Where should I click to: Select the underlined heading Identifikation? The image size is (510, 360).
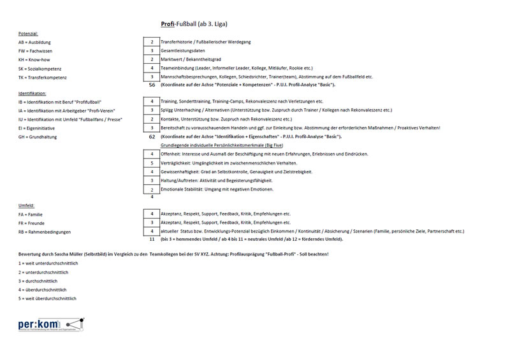point(33,93)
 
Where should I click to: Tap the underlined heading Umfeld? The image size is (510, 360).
point(26,206)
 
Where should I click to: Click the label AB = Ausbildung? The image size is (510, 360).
point(34,42)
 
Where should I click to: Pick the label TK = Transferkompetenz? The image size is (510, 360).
point(43,78)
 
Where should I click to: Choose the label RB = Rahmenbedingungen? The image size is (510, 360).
point(44,232)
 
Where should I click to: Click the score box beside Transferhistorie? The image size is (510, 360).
point(152,42)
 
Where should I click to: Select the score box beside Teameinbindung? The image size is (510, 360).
point(152,68)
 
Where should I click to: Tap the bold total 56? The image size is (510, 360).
point(152,85)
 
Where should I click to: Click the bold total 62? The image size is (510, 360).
point(152,136)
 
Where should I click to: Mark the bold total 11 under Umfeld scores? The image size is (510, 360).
point(152,240)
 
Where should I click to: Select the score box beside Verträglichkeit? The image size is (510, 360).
point(152,163)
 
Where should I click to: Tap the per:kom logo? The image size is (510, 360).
point(51,324)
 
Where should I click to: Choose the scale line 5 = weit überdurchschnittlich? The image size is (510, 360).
point(47,298)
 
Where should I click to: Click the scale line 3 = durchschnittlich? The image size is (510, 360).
point(38,281)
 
